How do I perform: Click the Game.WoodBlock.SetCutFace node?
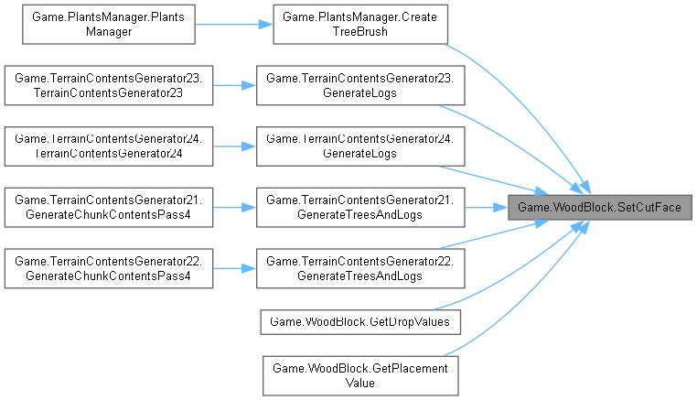[599, 208]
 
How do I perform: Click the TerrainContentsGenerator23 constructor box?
[108, 87]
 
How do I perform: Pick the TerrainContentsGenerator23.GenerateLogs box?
[359, 87]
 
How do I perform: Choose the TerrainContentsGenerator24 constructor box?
[108, 146]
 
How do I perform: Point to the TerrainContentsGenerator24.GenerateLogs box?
[359, 146]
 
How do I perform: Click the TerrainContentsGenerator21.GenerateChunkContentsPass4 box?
[108, 207]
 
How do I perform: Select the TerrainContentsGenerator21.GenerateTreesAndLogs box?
[359, 207]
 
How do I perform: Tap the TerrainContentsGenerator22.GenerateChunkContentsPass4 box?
[108, 267]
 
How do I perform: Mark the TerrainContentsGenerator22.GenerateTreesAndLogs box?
[359, 267]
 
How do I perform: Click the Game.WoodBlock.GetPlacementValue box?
[359, 373]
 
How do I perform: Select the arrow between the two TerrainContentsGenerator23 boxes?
[234, 87]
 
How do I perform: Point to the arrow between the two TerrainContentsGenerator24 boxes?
[234, 146]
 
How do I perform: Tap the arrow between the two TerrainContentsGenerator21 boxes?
[234, 207]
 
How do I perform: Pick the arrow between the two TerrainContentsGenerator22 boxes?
[234, 267]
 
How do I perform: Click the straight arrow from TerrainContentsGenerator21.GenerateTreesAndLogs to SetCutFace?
[485, 207]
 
